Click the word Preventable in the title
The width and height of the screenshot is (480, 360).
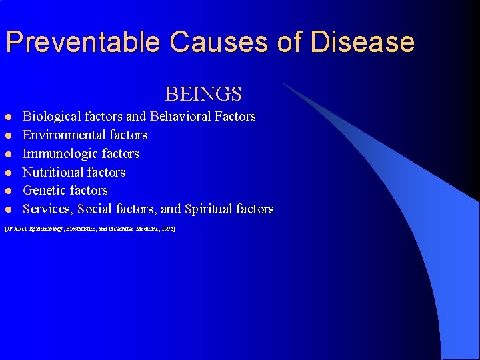(x=85, y=42)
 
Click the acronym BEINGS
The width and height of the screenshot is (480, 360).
(x=203, y=94)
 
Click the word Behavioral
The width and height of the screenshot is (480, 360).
(x=180, y=117)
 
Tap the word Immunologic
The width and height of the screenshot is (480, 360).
(x=59, y=154)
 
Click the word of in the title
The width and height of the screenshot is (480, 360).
(x=288, y=42)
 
